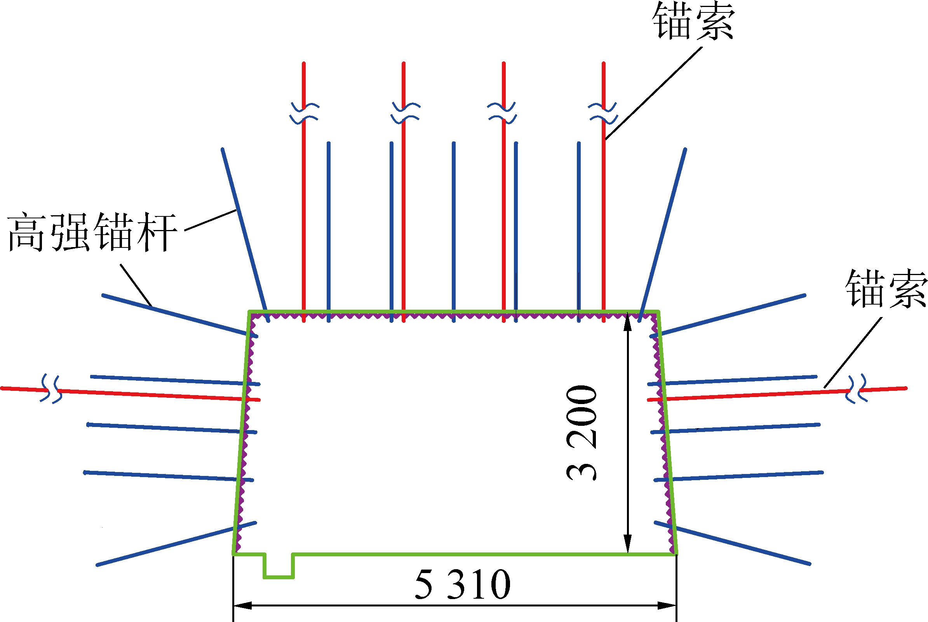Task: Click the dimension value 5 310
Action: coord(462,585)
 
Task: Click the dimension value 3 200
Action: coord(582,433)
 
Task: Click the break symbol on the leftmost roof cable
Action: coord(304,113)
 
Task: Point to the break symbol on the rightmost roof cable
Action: coord(603,113)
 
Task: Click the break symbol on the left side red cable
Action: coord(51,389)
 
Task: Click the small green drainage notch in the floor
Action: coord(279,566)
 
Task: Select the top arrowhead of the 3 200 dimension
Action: coord(627,322)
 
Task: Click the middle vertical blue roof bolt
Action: coord(454,230)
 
